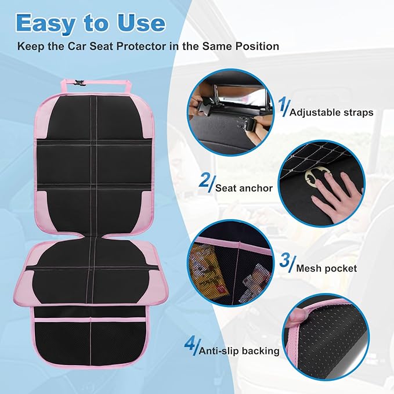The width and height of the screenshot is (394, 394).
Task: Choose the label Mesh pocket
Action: (326, 269)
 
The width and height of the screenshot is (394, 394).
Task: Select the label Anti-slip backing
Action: (239, 351)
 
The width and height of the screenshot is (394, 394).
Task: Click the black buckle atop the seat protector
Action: (79, 83)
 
